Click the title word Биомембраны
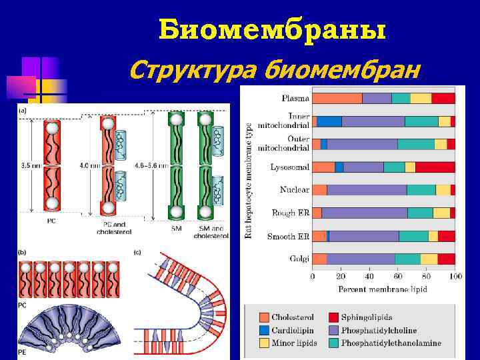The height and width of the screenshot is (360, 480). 273,30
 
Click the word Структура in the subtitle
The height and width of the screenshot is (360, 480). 194,68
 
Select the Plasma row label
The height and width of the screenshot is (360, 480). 295,99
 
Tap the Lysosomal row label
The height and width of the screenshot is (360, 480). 290,167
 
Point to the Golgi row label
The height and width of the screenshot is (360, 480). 299,259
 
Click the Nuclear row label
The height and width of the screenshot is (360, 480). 294,190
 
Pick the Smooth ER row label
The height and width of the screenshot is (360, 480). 288,236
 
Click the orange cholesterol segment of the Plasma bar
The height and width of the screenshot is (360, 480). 337,99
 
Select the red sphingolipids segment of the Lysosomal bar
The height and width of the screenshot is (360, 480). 435,167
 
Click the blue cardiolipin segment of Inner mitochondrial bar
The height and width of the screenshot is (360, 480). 328,121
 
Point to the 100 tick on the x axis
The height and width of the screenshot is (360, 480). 455,276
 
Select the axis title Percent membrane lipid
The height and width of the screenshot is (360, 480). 383,289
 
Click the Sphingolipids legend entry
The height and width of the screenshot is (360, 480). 369,319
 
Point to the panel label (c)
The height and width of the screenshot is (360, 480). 137,252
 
